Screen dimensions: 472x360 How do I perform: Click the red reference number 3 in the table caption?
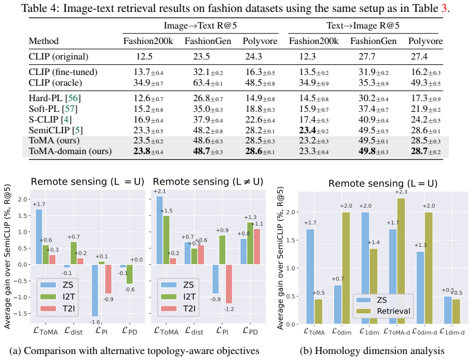pyautogui.click(x=444, y=8)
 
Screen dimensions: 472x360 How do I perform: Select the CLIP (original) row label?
pyautogui.click(x=58, y=57)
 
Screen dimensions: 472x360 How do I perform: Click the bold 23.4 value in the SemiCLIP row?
pyautogui.click(x=307, y=130)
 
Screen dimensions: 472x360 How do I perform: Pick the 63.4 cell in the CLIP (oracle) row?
pyautogui.click(x=202, y=83)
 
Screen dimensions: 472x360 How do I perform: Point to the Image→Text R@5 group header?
pyautogui.click(x=200, y=26)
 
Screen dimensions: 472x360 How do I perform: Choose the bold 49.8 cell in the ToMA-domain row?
pyautogui.click(x=367, y=151)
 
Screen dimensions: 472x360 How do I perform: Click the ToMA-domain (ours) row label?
pyautogui.click(x=70, y=151)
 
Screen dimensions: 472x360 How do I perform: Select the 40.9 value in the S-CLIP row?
pyautogui.click(x=367, y=120)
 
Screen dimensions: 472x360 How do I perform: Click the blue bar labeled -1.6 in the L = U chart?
pyautogui.click(x=95, y=290)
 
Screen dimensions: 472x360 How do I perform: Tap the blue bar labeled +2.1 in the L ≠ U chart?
pyautogui.click(x=159, y=230)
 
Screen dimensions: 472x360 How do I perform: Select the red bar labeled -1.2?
pyautogui.click(x=229, y=284)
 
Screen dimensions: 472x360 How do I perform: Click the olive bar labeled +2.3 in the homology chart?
pyautogui.click(x=401, y=261)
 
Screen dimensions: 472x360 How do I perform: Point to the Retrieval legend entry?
pyautogui.click(x=383, y=311)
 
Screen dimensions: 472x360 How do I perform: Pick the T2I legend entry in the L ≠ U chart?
pyautogui.click(x=178, y=308)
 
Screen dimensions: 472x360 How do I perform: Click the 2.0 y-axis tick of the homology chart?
pyautogui.click(x=291, y=212)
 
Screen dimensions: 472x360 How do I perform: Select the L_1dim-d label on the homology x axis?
pyautogui.click(x=452, y=332)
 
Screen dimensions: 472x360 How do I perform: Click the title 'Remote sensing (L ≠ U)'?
pyautogui.click(x=208, y=181)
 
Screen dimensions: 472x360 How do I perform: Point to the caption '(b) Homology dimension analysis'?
pyautogui.click(x=372, y=351)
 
